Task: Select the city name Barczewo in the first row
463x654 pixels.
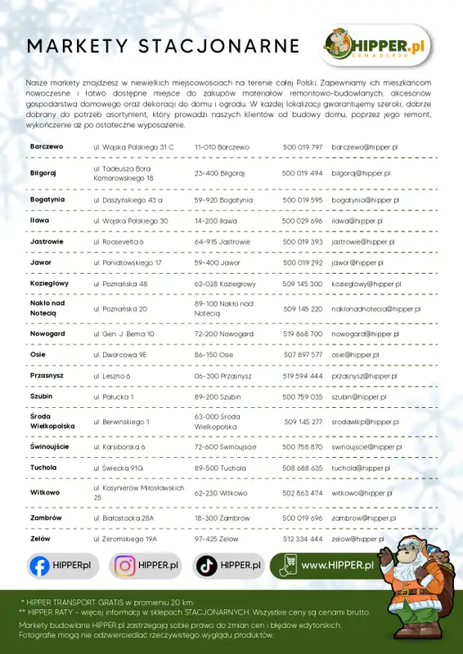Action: [47, 146]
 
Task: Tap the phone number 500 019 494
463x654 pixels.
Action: [302, 173]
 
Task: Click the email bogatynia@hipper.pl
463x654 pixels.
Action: [365, 199]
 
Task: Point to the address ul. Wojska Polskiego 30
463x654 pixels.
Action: [131, 221]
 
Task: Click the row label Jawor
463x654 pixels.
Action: [40, 263]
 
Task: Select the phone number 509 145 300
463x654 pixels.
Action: [302, 284]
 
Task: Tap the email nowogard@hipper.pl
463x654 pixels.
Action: [365, 334]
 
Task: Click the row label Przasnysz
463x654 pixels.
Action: [47, 375]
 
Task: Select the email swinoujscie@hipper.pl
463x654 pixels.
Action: [366, 447]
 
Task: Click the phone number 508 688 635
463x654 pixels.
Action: [302, 468]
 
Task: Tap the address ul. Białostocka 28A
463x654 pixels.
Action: [124, 517]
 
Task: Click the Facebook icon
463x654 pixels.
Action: [38, 565]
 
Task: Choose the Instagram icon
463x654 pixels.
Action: [124, 565]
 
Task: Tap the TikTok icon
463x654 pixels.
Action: [207, 565]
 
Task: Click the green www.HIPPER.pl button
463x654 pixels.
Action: [327, 564]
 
